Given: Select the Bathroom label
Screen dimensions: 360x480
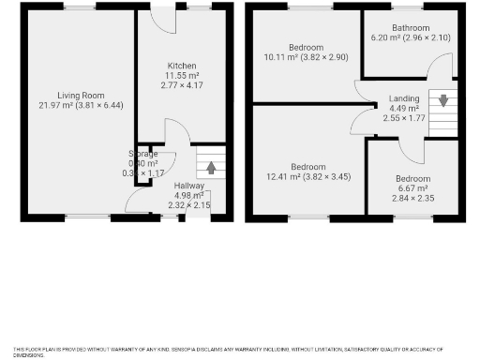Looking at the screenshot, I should click(409, 27).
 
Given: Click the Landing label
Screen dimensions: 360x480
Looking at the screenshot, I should click(404, 97).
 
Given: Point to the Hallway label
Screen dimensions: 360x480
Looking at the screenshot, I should click(188, 186).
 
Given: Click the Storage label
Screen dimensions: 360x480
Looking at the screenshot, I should click(143, 153).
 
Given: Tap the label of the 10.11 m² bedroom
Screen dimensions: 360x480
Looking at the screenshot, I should click(306, 47).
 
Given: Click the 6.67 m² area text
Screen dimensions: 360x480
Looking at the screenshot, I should click(412, 187).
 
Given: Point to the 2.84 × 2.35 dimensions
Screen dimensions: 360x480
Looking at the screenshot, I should click(412, 198).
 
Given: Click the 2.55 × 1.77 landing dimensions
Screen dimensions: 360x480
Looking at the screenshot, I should click(404, 118).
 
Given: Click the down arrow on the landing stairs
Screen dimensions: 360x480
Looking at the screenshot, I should click(442, 99).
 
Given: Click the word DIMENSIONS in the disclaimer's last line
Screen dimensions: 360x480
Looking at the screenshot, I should click(29, 354).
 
